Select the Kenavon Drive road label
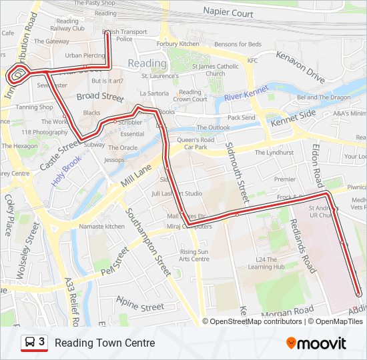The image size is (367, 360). pos(300,69)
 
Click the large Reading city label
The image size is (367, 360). pos(147,63)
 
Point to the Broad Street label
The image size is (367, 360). pos(100,97)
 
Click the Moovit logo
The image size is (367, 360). pos(316,343)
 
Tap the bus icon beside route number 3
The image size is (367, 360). pos(30,343)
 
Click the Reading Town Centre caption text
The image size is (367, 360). pos(105,343)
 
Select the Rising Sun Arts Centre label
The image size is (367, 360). pos(194,255)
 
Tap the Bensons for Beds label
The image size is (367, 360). pos(238,44)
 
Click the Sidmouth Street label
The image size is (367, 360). pos(238,173)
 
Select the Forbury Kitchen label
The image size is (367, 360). pos(178,44)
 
